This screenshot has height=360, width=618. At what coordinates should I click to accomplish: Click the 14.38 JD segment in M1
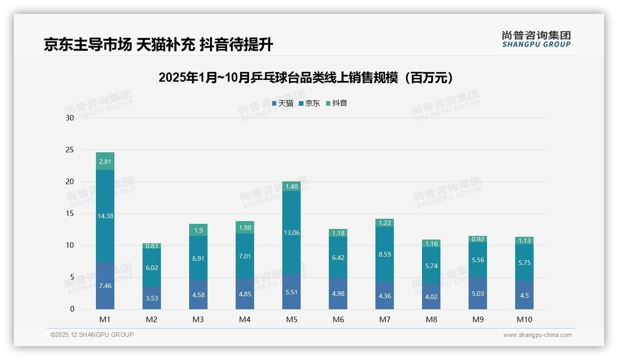(105, 216)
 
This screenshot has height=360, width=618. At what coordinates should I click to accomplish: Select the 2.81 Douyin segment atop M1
(105, 162)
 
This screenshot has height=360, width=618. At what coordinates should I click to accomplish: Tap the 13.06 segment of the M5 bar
(291, 233)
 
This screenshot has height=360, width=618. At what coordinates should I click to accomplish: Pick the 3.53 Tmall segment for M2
(152, 298)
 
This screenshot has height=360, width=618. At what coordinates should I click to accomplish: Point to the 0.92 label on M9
(478, 239)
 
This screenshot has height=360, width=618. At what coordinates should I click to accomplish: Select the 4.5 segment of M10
(524, 295)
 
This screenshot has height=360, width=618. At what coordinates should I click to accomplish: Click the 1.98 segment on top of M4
(245, 227)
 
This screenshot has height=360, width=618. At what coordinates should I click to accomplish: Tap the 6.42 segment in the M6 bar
(338, 258)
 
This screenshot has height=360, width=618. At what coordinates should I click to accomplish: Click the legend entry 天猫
(283, 103)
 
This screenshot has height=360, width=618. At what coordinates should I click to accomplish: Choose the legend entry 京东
(309, 103)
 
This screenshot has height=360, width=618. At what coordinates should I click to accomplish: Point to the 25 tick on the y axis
(70, 150)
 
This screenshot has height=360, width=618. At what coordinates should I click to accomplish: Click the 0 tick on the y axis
(72, 309)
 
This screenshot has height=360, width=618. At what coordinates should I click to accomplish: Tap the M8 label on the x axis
(431, 319)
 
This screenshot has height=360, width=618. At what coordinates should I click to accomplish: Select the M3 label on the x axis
(198, 319)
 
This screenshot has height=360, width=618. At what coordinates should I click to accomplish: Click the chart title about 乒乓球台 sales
(306, 78)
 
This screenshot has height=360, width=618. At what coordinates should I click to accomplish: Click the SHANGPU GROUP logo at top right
(536, 39)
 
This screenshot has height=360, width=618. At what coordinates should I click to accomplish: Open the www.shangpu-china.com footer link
(537, 335)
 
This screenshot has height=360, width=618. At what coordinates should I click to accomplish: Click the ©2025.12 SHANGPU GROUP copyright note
(92, 335)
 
